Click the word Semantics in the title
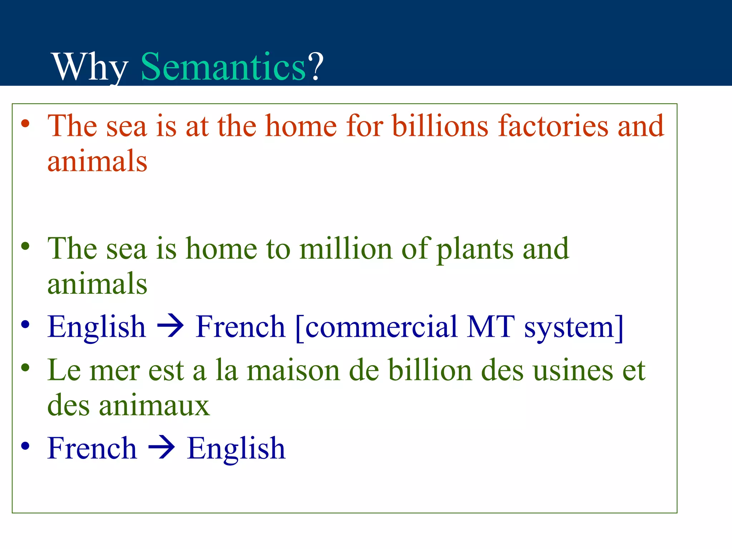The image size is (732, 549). pos(223,66)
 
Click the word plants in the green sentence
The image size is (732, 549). pos(475,249)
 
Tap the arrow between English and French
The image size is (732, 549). pos(171,326)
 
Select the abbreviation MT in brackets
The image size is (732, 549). pos(491,326)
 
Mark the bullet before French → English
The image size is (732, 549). pos(25,446)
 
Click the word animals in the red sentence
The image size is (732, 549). pos(97,161)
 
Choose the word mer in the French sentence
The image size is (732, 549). pos(114,371)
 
